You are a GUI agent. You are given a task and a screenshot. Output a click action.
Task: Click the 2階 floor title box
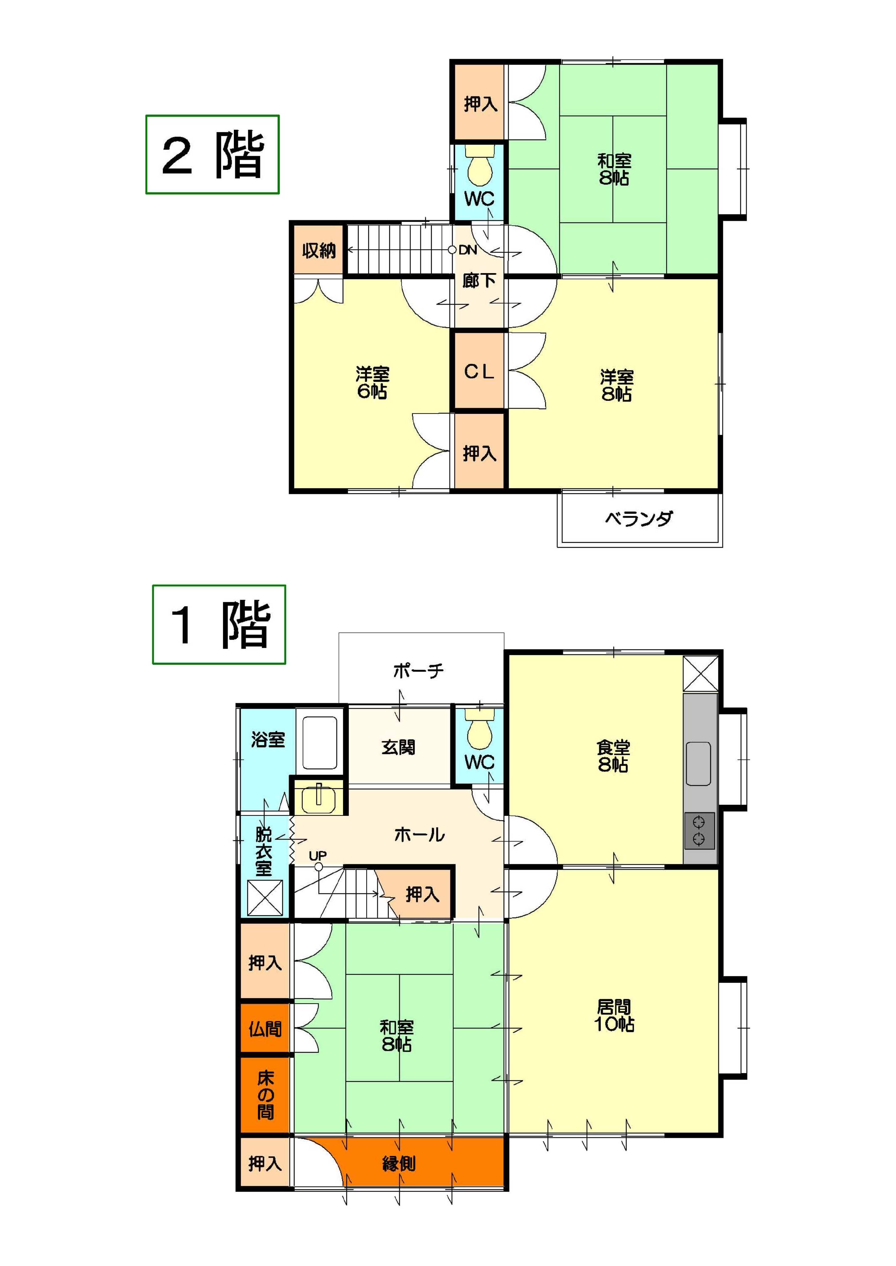[212, 155]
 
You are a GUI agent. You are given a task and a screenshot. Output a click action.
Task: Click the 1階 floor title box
[219, 624]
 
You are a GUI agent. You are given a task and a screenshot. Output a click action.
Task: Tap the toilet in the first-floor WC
[480, 729]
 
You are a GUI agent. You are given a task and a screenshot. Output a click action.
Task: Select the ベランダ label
[639, 518]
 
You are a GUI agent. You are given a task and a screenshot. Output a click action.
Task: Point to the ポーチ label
[418, 671]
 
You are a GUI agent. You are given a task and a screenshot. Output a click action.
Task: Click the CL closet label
[479, 372]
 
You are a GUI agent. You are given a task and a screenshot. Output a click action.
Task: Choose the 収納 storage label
[319, 251]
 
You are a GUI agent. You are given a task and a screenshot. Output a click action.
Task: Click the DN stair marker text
[468, 250]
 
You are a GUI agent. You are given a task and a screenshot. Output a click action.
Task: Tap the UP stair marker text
[318, 856]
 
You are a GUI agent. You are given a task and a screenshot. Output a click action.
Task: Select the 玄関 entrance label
[398, 748]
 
